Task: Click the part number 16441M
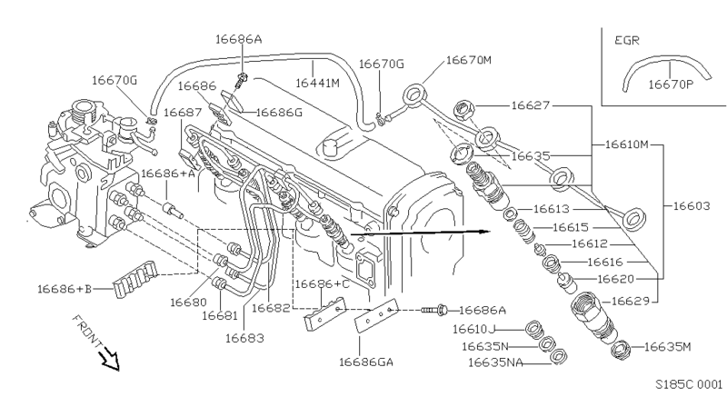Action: (319, 83)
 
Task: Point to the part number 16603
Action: (692, 207)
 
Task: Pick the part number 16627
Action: (531, 105)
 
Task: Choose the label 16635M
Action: (668, 346)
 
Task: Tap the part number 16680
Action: (188, 301)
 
